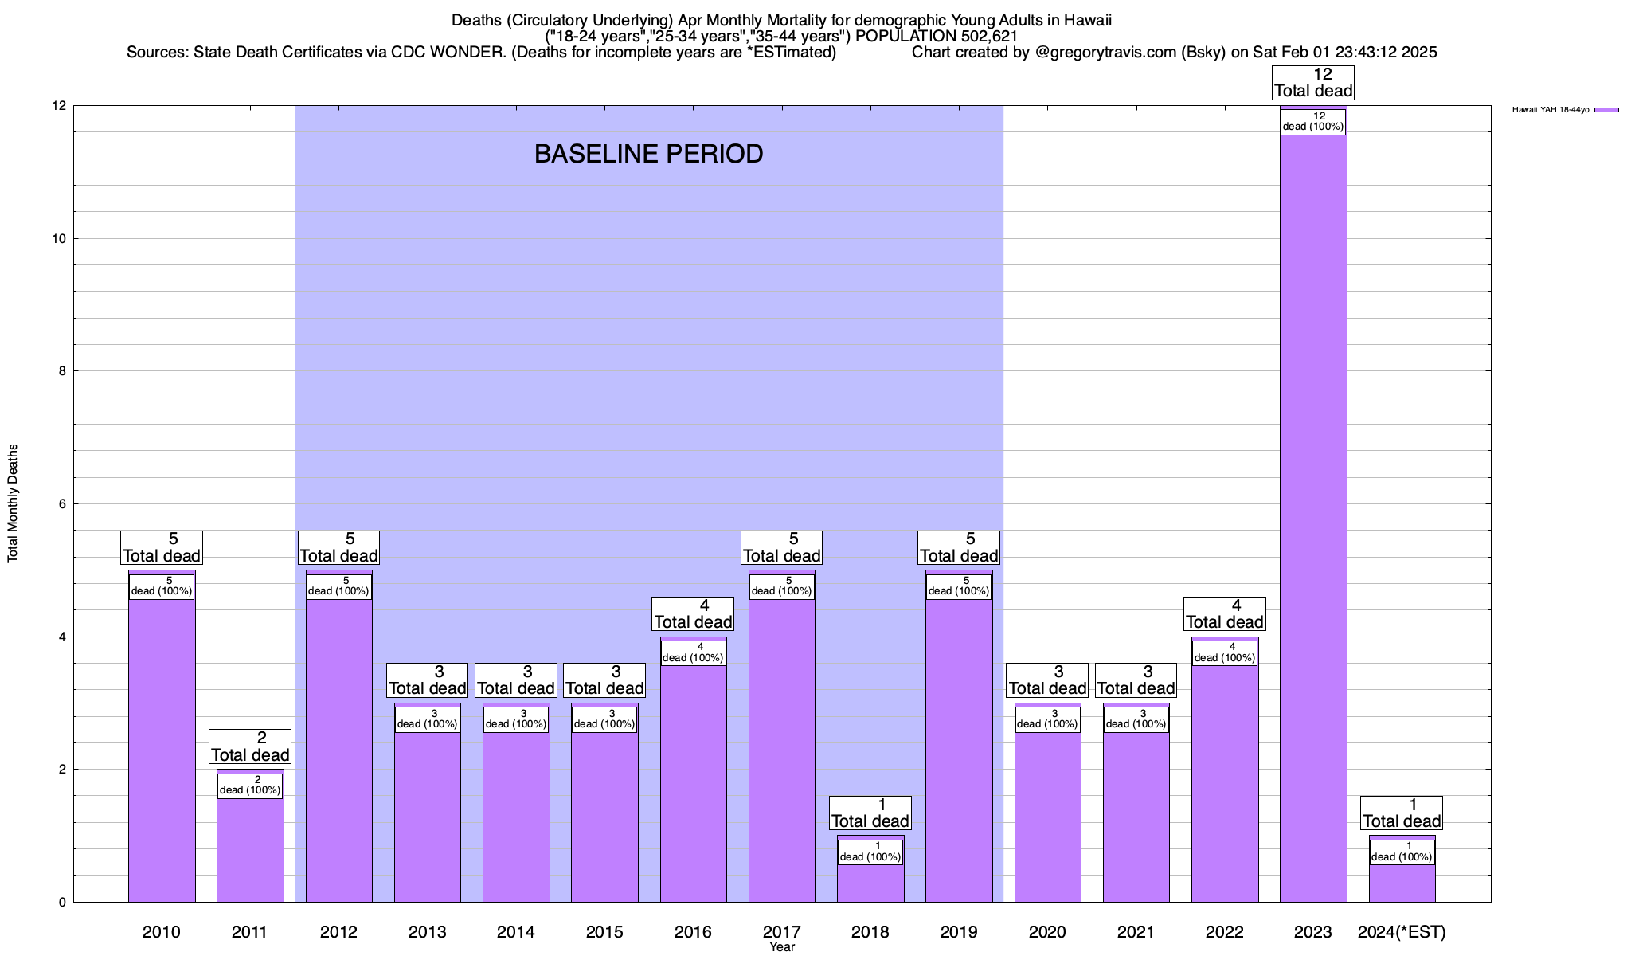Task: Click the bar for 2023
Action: point(1313,518)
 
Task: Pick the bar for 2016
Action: point(693,781)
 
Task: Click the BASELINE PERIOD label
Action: point(648,154)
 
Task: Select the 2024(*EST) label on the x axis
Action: point(1402,931)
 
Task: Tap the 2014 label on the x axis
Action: point(516,931)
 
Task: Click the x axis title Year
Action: point(782,947)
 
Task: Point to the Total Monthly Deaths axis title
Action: point(13,503)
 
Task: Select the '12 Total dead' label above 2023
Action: point(1313,83)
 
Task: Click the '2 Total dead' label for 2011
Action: point(250,746)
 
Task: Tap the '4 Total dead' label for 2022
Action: point(1225,614)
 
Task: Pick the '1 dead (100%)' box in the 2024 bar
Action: point(1402,852)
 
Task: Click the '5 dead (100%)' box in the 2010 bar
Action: point(162,586)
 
